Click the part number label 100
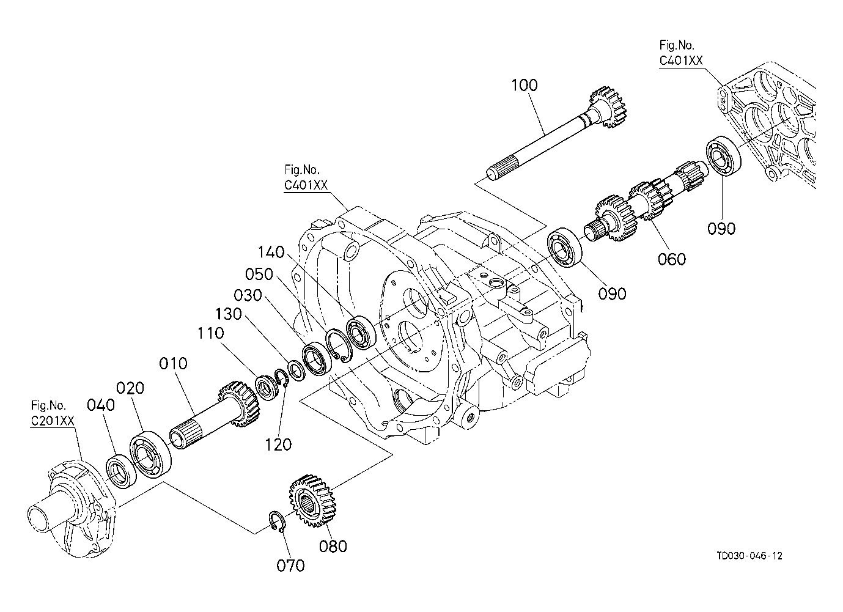[x=525, y=86]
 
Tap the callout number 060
[x=672, y=259]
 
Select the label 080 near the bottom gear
[x=333, y=546]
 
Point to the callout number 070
[x=290, y=566]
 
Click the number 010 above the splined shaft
[x=173, y=364]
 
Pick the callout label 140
[x=271, y=252]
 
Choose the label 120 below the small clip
[x=279, y=445]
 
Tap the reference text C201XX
[x=53, y=421]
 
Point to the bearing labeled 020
[x=150, y=455]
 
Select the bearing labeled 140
[x=361, y=333]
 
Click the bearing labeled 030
[x=317, y=358]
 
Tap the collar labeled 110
[x=267, y=388]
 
